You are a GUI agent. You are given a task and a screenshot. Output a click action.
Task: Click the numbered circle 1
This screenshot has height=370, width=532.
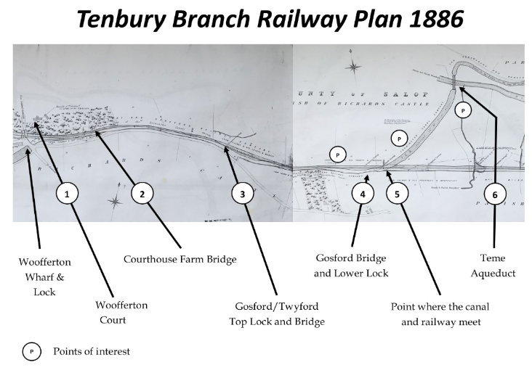click(x=67, y=194)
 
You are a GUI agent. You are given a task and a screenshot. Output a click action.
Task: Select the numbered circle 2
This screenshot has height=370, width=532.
click(x=142, y=194)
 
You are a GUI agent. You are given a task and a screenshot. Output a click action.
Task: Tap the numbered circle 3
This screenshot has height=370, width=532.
click(x=243, y=194)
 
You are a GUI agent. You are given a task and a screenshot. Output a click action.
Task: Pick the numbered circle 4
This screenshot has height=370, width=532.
click(x=362, y=194)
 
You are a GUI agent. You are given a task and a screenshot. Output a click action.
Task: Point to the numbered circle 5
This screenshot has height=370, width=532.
click(x=397, y=194)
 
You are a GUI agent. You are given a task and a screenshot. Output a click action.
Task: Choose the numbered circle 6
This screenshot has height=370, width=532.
click(x=495, y=194)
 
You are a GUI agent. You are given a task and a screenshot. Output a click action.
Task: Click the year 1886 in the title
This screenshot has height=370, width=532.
click(x=427, y=20)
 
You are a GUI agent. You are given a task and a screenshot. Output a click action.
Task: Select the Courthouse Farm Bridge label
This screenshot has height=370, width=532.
click(x=180, y=258)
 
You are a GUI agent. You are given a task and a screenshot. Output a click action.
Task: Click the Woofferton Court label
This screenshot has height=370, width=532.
click(x=122, y=312)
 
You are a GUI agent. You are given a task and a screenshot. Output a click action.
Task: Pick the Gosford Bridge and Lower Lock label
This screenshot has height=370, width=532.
click(x=351, y=265)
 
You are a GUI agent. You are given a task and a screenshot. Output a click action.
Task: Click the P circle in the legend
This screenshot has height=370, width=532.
click(x=32, y=352)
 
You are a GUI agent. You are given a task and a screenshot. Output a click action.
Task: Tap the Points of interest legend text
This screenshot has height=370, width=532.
click(x=91, y=352)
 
